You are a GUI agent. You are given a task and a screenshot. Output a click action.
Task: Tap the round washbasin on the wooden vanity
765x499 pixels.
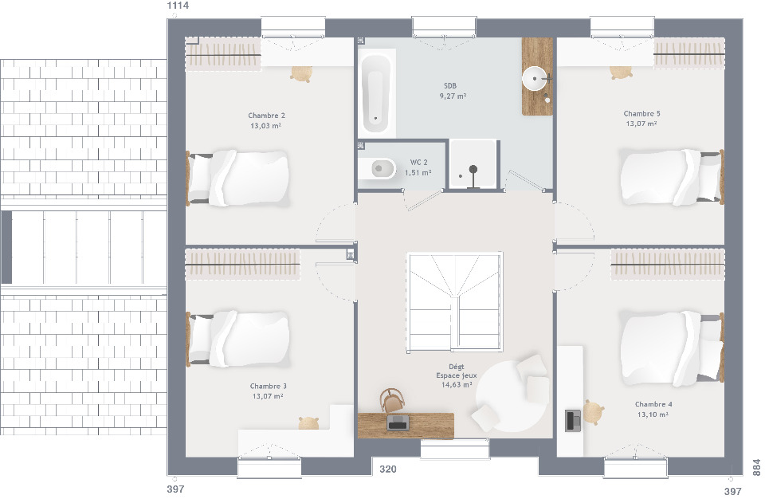click(535, 78)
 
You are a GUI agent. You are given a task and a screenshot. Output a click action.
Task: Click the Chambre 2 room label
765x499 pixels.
click(266, 116)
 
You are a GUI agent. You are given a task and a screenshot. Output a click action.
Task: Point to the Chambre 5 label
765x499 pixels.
click(641, 113)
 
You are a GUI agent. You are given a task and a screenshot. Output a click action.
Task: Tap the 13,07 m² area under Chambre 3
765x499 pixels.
click(268, 396)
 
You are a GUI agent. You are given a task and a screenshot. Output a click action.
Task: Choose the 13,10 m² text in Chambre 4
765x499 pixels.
click(653, 414)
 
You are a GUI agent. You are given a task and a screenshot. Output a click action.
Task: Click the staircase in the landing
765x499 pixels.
click(455, 302)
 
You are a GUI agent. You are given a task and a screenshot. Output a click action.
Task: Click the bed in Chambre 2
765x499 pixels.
click(237, 178)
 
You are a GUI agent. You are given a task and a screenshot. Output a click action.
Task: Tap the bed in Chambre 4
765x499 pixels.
click(672, 348)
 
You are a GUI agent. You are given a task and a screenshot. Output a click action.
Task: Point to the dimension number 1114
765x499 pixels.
click(178, 6)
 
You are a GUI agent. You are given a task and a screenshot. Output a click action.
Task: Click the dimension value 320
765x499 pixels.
click(388, 470)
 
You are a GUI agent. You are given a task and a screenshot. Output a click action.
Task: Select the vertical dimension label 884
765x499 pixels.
click(757, 467)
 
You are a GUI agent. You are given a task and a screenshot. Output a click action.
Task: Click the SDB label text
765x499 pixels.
click(449, 85)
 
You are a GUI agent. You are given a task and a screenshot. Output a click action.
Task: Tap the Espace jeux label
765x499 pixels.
click(456, 375)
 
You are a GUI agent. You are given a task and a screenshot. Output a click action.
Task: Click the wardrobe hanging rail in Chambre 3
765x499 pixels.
click(242, 265)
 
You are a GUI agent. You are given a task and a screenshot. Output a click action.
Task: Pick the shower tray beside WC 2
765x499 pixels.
click(473, 164)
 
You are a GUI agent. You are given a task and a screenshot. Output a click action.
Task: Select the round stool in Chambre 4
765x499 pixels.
click(593, 412)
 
